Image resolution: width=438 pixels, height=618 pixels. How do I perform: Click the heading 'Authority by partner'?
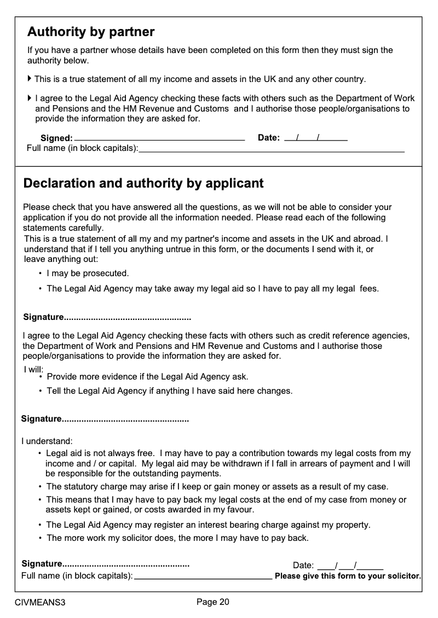click(91, 32)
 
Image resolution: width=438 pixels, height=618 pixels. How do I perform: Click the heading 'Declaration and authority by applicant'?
click(143, 183)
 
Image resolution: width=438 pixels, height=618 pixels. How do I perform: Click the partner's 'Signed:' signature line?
click(159, 137)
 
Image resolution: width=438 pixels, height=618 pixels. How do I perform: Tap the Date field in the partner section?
click(315, 137)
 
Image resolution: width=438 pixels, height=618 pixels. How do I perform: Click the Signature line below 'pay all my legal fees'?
click(127, 317)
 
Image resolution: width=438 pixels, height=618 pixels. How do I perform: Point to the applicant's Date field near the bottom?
click(350, 565)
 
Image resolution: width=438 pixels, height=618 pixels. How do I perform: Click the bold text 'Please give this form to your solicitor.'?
click(348, 576)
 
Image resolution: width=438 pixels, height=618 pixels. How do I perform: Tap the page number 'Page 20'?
click(213, 602)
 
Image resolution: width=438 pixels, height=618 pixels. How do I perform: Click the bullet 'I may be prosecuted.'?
click(88, 273)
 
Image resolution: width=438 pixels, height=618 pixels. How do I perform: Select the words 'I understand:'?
click(47, 440)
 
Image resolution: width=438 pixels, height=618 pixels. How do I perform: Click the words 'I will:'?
click(33, 370)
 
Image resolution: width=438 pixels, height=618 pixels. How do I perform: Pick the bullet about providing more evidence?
click(147, 377)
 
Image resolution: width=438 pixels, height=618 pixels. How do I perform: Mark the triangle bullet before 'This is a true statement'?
click(30, 79)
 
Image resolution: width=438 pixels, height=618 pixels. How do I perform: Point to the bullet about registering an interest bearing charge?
click(208, 524)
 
